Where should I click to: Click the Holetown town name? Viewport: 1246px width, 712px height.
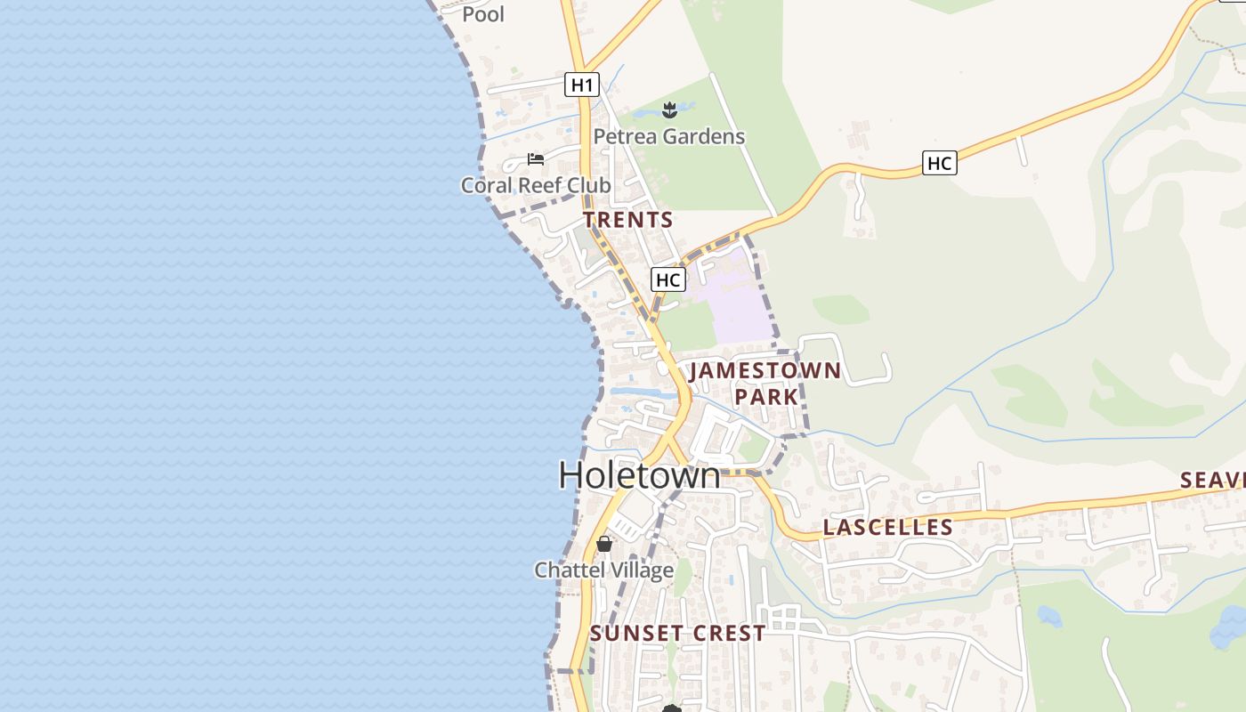tap(639, 475)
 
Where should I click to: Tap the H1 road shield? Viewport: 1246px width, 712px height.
tap(581, 85)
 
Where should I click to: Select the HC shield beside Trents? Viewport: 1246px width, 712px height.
tap(667, 279)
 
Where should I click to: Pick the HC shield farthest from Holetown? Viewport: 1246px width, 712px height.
tap(939, 163)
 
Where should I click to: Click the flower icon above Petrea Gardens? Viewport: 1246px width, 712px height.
tap(669, 110)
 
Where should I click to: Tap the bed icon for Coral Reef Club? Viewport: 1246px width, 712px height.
tap(535, 159)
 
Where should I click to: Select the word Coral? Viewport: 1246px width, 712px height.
tap(487, 185)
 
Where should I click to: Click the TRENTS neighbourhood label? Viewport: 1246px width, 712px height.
tap(628, 219)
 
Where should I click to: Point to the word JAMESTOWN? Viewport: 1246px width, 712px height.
tap(765, 370)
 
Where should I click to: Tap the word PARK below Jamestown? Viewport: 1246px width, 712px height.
tap(767, 396)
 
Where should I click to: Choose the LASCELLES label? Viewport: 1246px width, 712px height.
tap(887, 527)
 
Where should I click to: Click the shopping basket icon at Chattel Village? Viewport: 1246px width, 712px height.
tap(604, 543)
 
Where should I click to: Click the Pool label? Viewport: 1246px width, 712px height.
tap(483, 13)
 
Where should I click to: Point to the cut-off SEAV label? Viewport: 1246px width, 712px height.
tap(1212, 481)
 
